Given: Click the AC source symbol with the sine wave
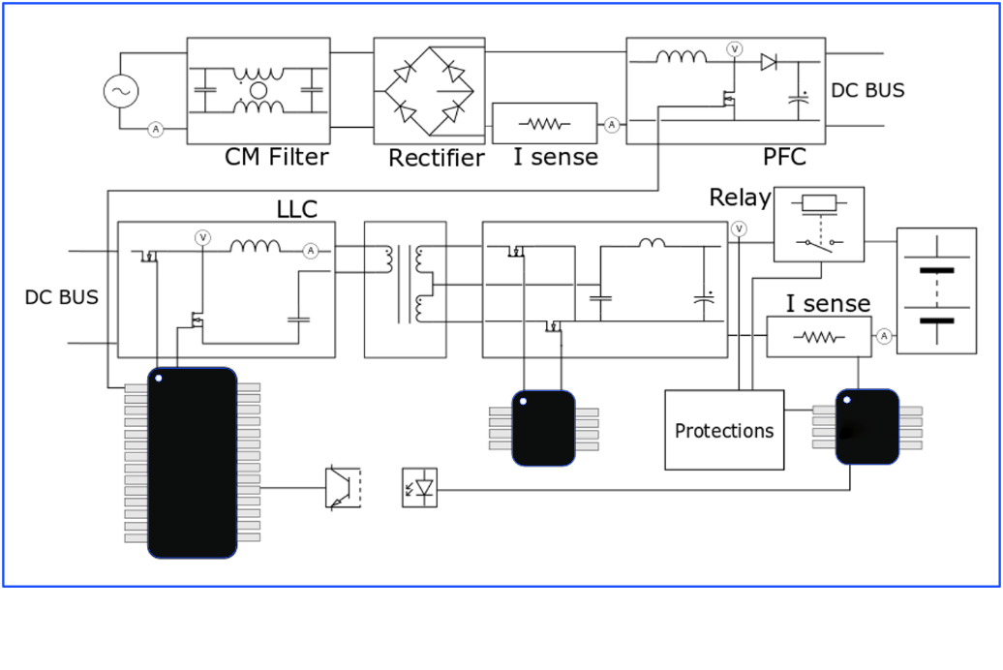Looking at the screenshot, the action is tap(121, 91).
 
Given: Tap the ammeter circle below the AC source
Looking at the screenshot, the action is tap(156, 130).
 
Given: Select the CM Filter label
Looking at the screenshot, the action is tap(276, 157).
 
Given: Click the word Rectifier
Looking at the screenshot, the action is tap(437, 158).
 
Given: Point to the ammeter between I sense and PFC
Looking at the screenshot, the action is tap(612, 125).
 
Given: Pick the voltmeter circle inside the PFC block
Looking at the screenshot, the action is tap(734, 49).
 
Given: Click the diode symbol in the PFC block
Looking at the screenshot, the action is tap(769, 62).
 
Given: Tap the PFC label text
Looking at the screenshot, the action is tap(784, 157).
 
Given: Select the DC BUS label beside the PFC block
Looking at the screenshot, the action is tap(867, 90).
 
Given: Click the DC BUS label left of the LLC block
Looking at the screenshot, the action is tap(61, 297).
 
